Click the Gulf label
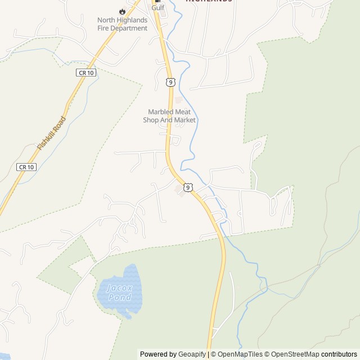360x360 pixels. (x=157, y=8)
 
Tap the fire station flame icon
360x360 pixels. (x=122, y=11)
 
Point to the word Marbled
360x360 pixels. (x=161, y=112)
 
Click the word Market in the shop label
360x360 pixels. (x=184, y=120)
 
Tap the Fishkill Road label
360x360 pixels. (x=52, y=133)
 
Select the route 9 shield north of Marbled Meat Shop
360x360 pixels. (x=170, y=82)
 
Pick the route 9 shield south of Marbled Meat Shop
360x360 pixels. (x=188, y=187)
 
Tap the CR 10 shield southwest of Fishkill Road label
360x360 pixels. (x=26, y=167)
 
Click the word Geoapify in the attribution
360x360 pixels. (x=192, y=354)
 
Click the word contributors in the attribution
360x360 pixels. (x=339, y=354)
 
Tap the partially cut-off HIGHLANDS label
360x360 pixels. (x=209, y=1)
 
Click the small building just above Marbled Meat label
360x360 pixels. (x=179, y=100)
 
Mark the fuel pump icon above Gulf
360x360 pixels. (x=157, y=1)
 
